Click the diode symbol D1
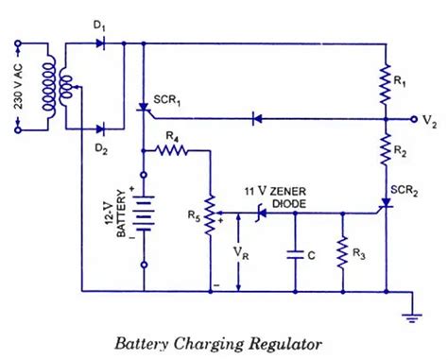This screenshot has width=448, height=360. tap(107, 43)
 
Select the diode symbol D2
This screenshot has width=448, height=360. tap(107, 127)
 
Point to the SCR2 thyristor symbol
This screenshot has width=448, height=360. tap(386, 204)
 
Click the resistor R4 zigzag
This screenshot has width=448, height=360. tap(174, 148)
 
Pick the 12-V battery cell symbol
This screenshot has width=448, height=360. tap(144, 218)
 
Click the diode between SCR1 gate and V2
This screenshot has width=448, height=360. tap(256, 119)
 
